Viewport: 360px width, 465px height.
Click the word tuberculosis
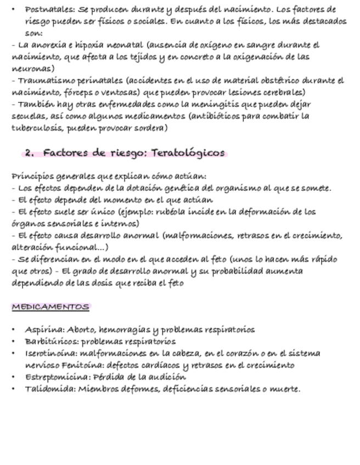pos(37,128)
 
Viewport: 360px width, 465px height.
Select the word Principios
pos(32,176)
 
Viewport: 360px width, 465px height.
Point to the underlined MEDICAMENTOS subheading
pos(50,307)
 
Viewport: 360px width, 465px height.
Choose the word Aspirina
pos(44,330)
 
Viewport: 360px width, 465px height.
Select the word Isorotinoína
pos(50,353)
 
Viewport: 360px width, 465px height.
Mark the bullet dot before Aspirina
pos(14,330)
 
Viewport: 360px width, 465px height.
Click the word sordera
pos(151,128)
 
